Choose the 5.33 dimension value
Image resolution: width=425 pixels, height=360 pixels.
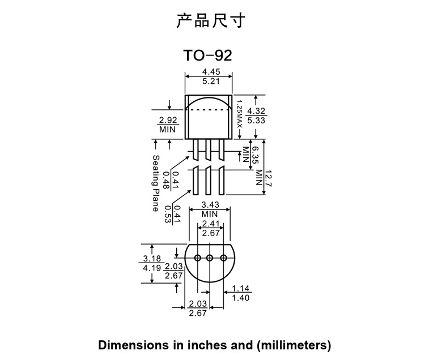(257, 120)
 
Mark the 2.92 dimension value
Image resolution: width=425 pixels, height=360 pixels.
(168, 120)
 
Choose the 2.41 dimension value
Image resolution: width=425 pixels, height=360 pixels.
(211, 224)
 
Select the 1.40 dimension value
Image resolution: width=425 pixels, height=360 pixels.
(241, 298)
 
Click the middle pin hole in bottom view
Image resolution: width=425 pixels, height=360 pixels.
(210, 258)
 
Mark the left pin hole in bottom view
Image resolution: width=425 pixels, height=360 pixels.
(197, 258)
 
